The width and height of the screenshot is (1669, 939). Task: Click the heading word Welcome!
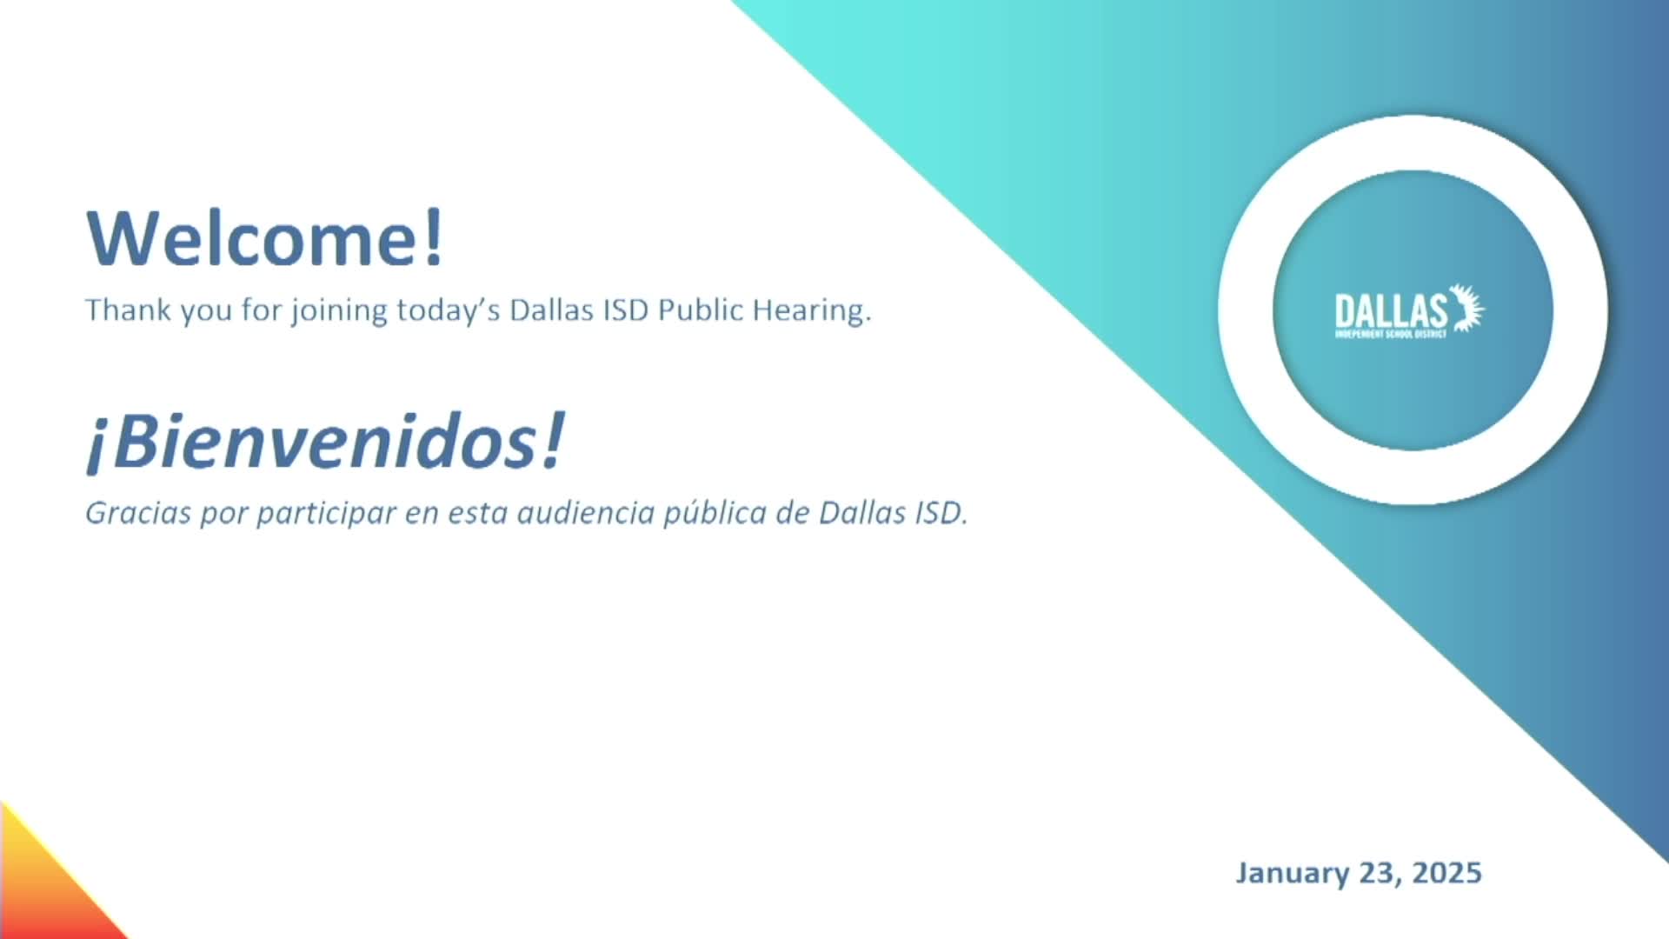point(265,237)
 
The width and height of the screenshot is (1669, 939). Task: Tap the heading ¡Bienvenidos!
point(325,443)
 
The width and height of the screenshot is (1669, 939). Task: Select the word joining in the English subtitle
point(339,311)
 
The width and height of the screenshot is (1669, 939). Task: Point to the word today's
point(449,311)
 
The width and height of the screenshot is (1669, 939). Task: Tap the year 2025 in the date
point(1446,873)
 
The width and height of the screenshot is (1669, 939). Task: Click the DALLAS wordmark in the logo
point(1391,311)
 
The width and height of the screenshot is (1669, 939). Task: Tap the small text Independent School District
point(1391,335)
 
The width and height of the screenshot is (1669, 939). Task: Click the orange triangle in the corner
point(43,887)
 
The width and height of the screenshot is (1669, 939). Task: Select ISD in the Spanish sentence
point(940,513)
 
